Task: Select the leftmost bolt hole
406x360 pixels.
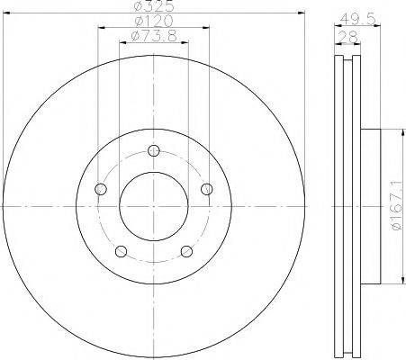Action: [x=101, y=189]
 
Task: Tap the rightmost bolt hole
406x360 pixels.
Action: [x=207, y=189]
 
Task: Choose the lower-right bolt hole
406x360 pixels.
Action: [x=186, y=251]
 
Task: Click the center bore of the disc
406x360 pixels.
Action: [x=154, y=206]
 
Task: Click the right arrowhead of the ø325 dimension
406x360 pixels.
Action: [x=303, y=13]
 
